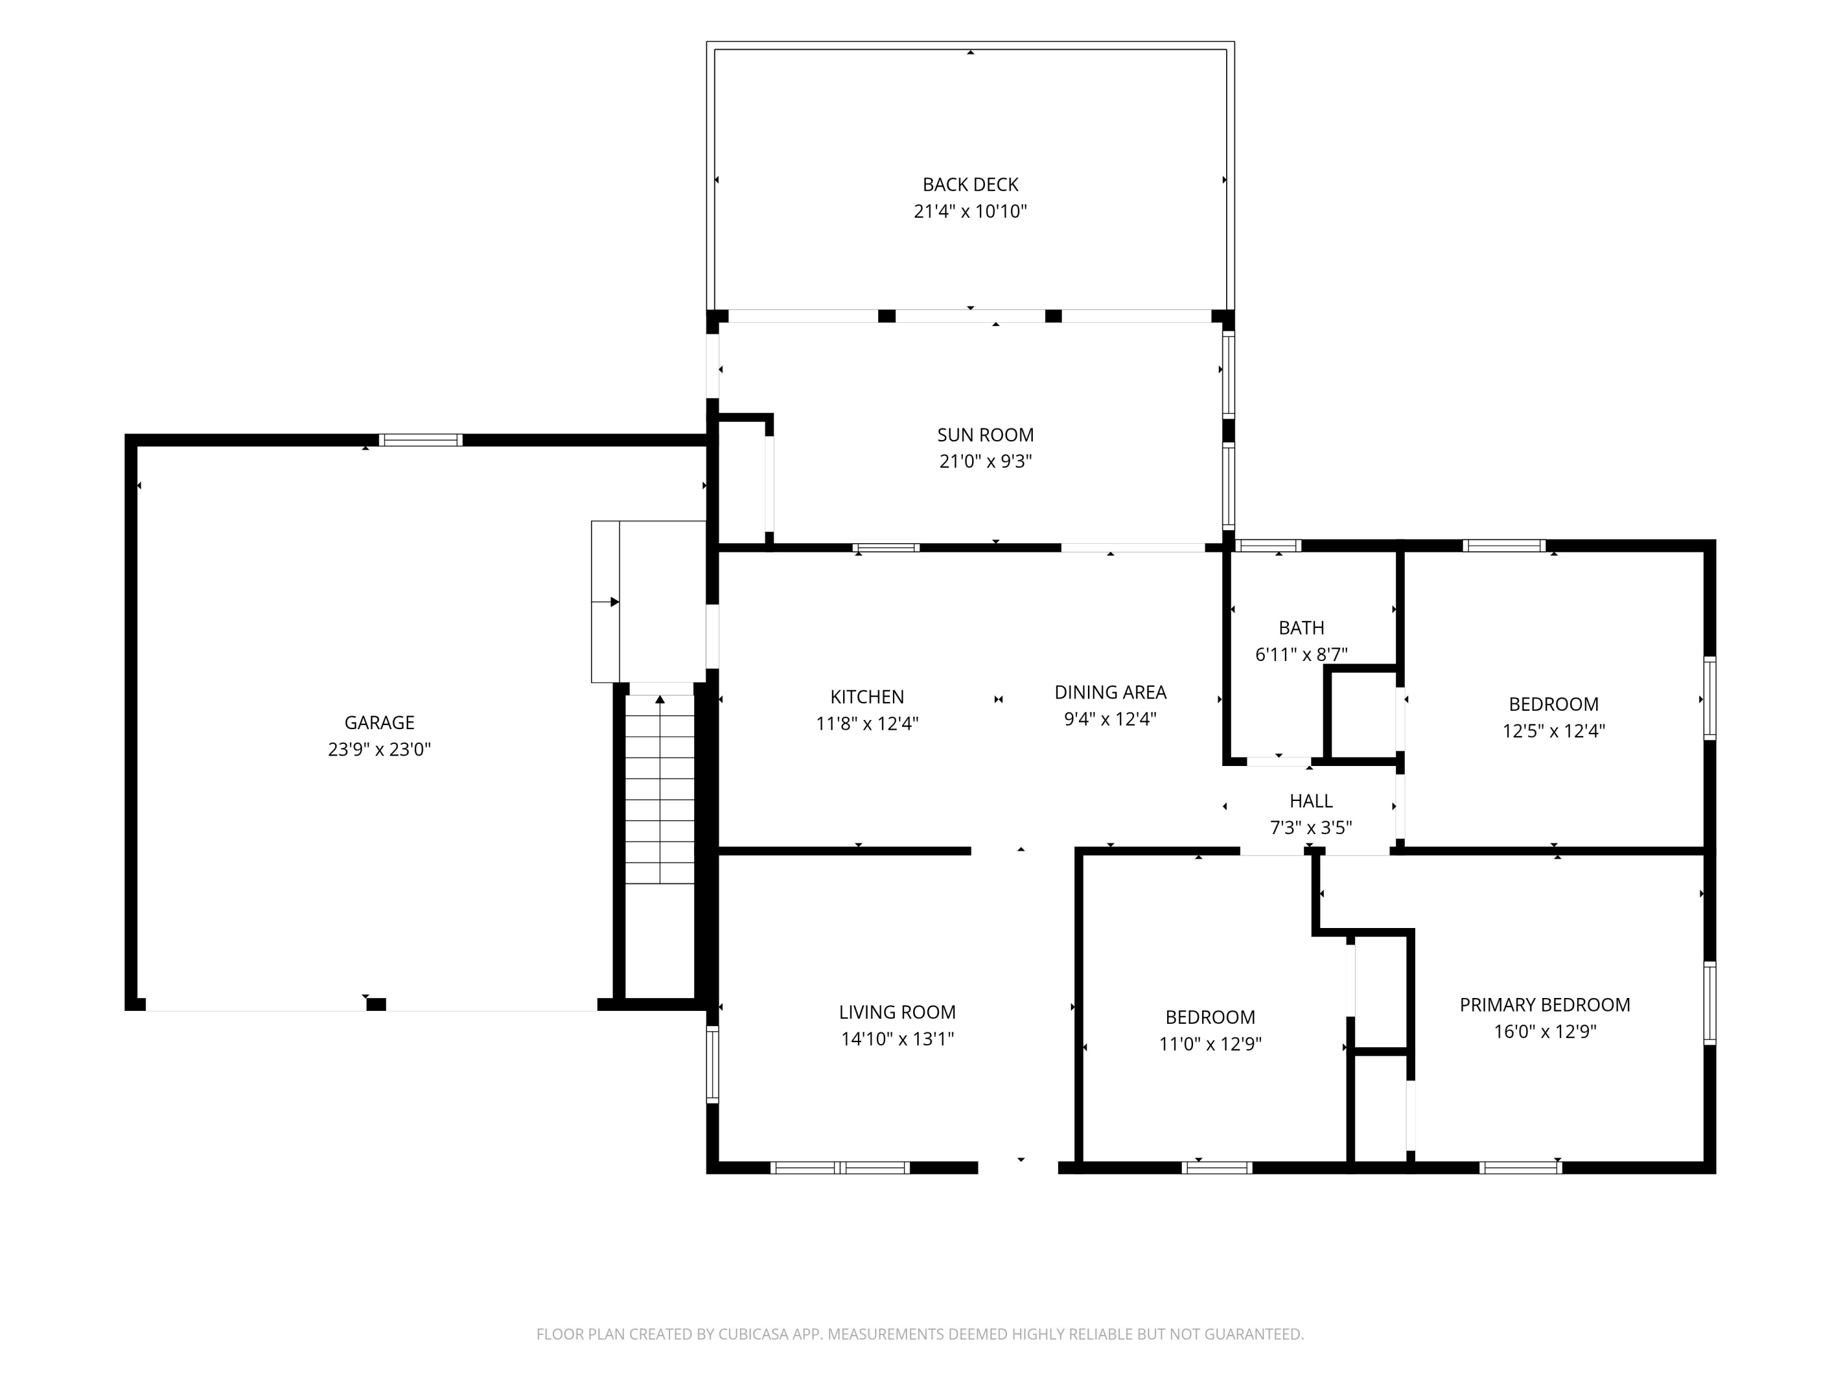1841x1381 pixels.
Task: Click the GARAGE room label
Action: pos(379,722)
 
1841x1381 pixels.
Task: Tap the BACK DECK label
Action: pos(970,185)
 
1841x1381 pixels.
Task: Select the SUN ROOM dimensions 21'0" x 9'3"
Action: pos(986,461)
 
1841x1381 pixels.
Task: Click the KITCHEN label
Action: pos(867,697)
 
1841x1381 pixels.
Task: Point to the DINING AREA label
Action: pos(1110,692)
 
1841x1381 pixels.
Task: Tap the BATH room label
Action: pos(1302,628)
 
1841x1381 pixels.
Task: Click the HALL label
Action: pos(1311,801)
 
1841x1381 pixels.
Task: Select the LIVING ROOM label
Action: pos(897,1012)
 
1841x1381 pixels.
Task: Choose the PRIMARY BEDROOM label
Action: pos(1545,1005)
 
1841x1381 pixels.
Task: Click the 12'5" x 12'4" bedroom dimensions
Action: pos(1554,731)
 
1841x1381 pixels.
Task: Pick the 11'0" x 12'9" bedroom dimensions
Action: pos(1210,1044)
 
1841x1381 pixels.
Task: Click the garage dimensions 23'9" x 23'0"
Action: pos(379,749)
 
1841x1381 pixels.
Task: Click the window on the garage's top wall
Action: pos(420,440)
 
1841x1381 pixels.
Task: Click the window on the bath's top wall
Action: pos(1268,546)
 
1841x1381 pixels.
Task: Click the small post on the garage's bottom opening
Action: pos(376,1005)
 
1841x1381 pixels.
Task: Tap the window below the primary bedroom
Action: pos(1521,1168)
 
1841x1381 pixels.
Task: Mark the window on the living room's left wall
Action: pos(712,1065)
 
